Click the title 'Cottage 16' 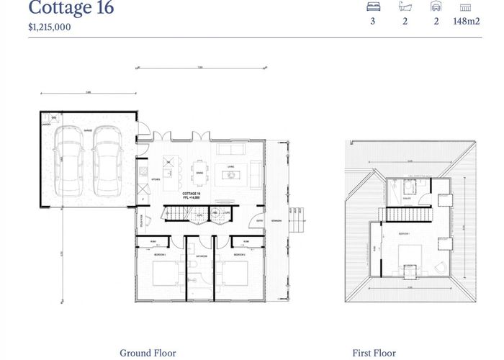point(71,9)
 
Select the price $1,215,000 point(50,27)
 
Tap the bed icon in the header point(374,6)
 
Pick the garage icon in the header point(436,6)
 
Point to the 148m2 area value point(466,22)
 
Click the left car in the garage point(72,160)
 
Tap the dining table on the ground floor point(199,172)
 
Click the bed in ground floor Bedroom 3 point(233,274)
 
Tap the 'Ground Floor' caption point(147,353)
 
